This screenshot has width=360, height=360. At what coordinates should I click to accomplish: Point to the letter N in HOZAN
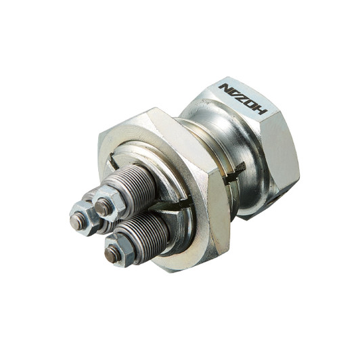[x=225, y=89]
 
